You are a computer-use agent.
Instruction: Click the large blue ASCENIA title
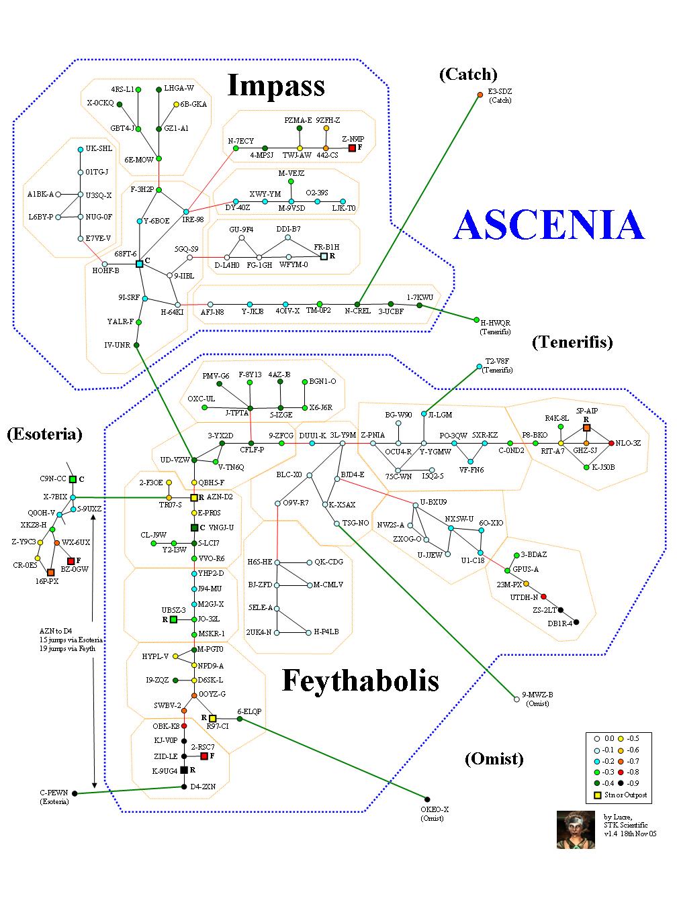coord(549,225)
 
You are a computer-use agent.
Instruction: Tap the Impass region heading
coord(276,86)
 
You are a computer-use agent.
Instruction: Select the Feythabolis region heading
coord(360,681)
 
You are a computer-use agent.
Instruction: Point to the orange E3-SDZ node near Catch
coord(480,95)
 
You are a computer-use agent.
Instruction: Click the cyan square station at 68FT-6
coord(139,264)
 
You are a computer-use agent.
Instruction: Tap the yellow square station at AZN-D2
coord(194,497)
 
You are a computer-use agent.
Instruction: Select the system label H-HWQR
coord(495,323)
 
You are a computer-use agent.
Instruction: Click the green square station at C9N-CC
coord(73,479)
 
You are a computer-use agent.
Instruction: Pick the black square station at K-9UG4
coord(183,770)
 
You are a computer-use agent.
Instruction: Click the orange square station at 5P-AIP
coord(586,428)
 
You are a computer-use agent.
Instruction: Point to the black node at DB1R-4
coord(576,622)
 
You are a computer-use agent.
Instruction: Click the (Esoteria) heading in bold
coord(44,434)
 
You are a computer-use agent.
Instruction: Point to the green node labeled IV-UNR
coord(137,345)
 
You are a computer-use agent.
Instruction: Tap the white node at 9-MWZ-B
coord(516,699)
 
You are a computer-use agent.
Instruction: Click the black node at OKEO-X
coord(424,800)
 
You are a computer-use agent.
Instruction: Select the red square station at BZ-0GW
coord(71,560)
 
